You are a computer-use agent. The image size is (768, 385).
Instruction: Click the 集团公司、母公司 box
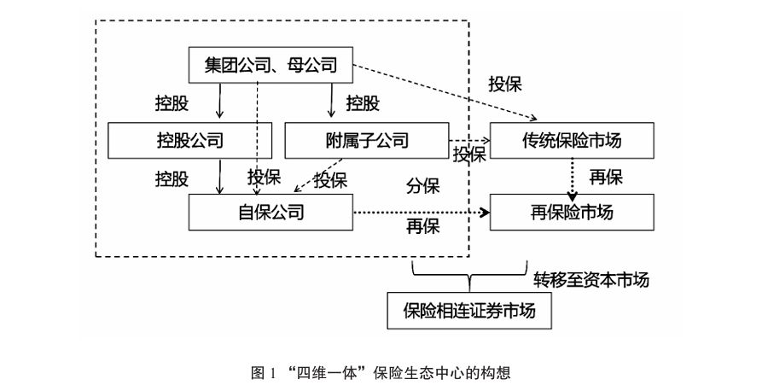click(x=271, y=65)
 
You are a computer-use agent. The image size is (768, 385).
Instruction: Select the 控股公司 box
click(x=189, y=140)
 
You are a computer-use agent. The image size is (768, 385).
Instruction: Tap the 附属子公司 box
click(x=366, y=140)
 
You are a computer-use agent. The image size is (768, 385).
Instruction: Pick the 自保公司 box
click(x=271, y=212)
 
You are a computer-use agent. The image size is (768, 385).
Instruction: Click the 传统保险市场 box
click(x=571, y=140)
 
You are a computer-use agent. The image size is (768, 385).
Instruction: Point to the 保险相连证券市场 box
click(x=469, y=312)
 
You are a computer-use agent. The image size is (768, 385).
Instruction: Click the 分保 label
click(x=423, y=186)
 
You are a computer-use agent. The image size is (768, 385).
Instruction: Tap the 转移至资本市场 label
click(x=591, y=280)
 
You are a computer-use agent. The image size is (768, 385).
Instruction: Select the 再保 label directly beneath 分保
click(x=423, y=227)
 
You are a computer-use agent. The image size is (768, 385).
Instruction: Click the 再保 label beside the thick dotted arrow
click(x=605, y=178)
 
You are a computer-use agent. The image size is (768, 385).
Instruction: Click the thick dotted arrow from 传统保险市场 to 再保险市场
click(x=571, y=178)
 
